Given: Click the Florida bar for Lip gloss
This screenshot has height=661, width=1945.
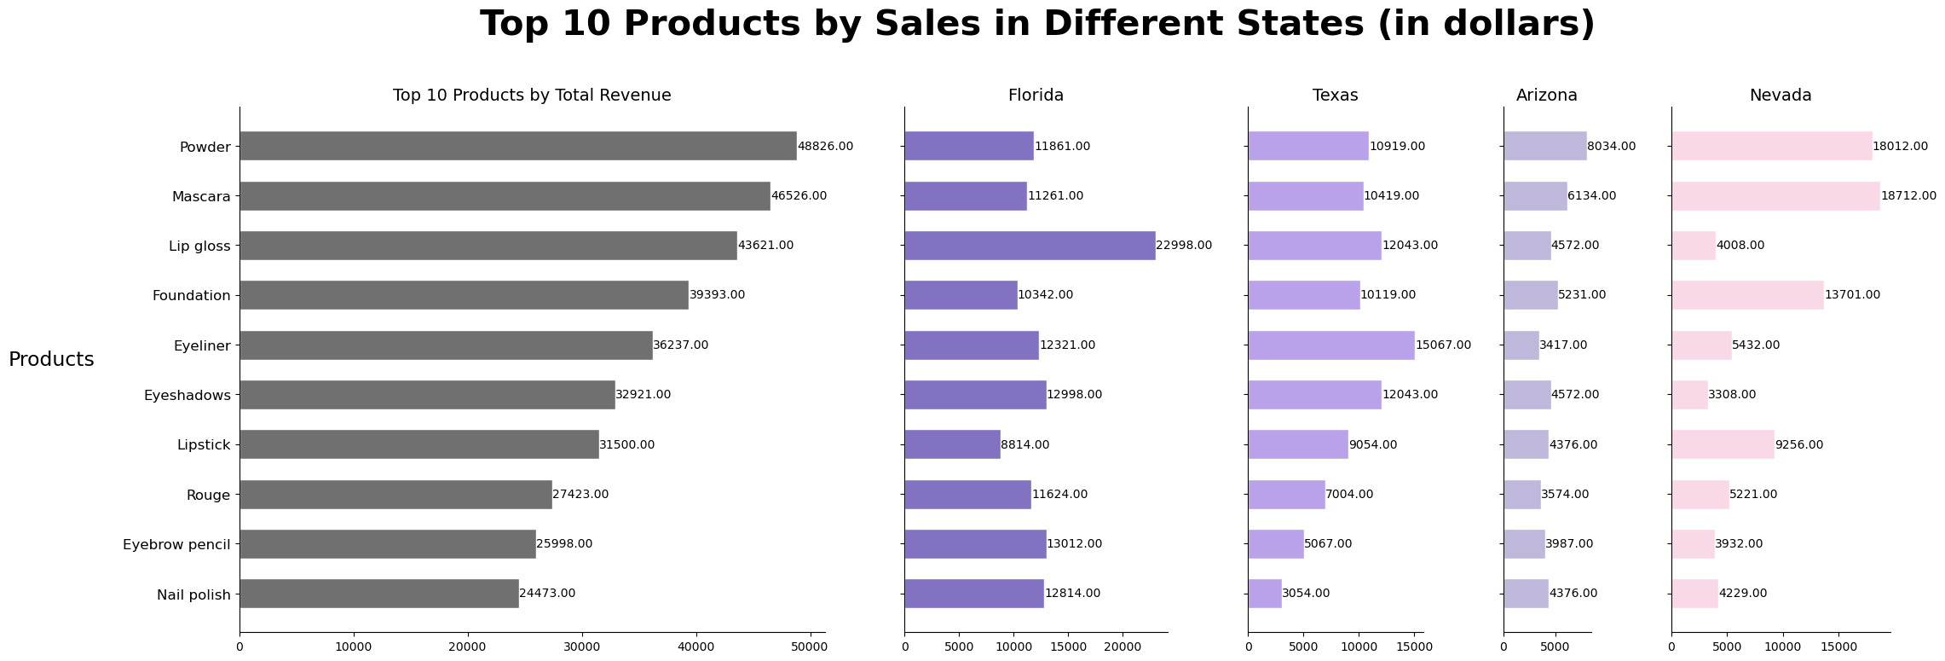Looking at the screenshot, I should pyautogui.click(x=1030, y=246).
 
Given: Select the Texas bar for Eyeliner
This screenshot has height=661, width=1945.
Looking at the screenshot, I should pyautogui.click(x=1330, y=345).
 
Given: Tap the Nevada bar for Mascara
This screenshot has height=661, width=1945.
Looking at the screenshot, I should pyautogui.click(x=1775, y=196).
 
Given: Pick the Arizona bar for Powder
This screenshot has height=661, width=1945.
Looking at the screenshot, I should pyautogui.click(x=1544, y=146).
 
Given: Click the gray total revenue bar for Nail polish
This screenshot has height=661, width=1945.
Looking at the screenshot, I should pyautogui.click(x=378, y=594).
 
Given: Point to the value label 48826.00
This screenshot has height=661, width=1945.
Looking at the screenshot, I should pyautogui.click(x=825, y=147).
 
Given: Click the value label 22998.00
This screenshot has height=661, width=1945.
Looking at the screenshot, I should pyautogui.click(x=1184, y=246).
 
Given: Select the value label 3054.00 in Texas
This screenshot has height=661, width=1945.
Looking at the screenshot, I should pyautogui.click(x=1306, y=594).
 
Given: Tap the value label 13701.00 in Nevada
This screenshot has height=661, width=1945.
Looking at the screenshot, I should pyautogui.click(x=1852, y=295).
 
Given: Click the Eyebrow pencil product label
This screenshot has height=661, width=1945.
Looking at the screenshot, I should pyautogui.click(x=176, y=544).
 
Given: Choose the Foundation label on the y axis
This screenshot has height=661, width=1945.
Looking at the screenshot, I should pyautogui.click(x=191, y=296).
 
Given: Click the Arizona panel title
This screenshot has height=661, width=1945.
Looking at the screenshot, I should pyautogui.click(x=1546, y=96).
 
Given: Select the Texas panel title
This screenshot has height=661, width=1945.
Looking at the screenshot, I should pyautogui.click(x=1335, y=96).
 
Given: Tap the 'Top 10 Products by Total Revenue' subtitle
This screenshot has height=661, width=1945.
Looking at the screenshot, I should pyautogui.click(x=532, y=96).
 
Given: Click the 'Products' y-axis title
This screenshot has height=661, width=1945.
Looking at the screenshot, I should pyautogui.click(x=51, y=360).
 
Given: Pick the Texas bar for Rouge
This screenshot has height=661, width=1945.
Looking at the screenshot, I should pyautogui.click(x=1286, y=495).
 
